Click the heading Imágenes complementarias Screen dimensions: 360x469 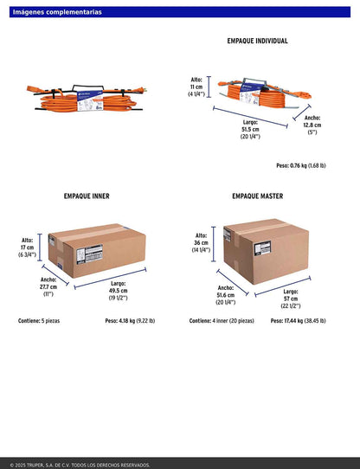pyautogui.click(x=57, y=12)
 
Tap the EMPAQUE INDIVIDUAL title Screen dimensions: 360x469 pyautogui.click(x=257, y=41)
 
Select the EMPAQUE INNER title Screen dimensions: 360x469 pyautogui.click(x=87, y=196)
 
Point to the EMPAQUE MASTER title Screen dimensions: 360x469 pyautogui.click(x=257, y=196)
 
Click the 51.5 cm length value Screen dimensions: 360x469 pyautogui.click(x=250, y=130)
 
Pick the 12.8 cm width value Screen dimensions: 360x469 pyautogui.click(x=312, y=125)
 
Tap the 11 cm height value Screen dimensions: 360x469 pyautogui.click(x=196, y=87)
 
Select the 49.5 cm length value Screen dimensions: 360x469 pyautogui.click(x=119, y=291)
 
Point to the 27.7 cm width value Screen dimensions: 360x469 pyautogui.click(x=48, y=286)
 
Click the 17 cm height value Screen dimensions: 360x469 pyautogui.click(x=27, y=247)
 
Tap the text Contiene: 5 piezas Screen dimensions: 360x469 pyautogui.click(x=39, y=321)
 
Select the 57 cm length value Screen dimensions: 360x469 pyautogui.click(x=291, y=299)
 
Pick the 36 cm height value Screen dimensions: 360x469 pyautogui.click(x=201, y=242)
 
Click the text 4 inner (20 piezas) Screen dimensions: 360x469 pyautogui.click(x=233, y=321)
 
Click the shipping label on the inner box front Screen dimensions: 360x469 pyautogui.click(x=89, y=254)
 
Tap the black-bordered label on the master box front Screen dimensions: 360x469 pyautogui.click(x=262, y=248)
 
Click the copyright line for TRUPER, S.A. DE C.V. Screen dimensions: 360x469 pyautogui.click(x=80, y=466)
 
